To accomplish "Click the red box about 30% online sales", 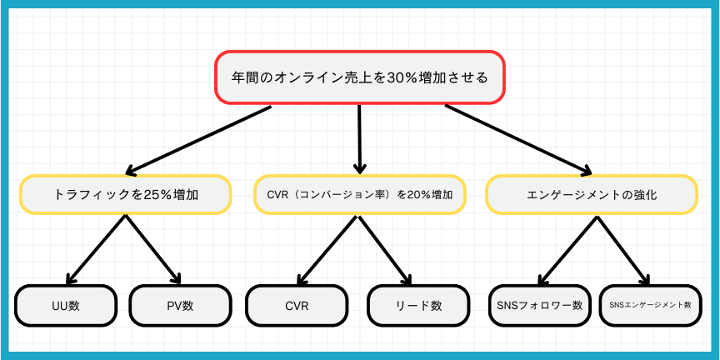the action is (359, 77).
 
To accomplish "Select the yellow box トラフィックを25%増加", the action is (125, 194).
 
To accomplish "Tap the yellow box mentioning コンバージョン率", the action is (360, 194).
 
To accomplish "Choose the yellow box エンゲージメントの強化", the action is (592, 194).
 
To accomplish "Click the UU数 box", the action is (66, 306).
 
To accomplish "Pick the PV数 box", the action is (180, 306).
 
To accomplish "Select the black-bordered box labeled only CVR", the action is (296, 306).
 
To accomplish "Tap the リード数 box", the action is (418, 306).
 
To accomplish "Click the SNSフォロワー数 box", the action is (539, 306).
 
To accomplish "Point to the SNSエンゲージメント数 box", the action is (651, 306).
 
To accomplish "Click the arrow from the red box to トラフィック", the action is (198, 141).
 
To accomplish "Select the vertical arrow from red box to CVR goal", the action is (359, 140).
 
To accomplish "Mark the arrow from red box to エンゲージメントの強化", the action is (518, 140).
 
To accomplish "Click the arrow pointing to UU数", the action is (96, 249).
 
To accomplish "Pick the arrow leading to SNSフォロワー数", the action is (567, 250).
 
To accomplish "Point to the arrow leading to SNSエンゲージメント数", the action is (623, 250).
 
